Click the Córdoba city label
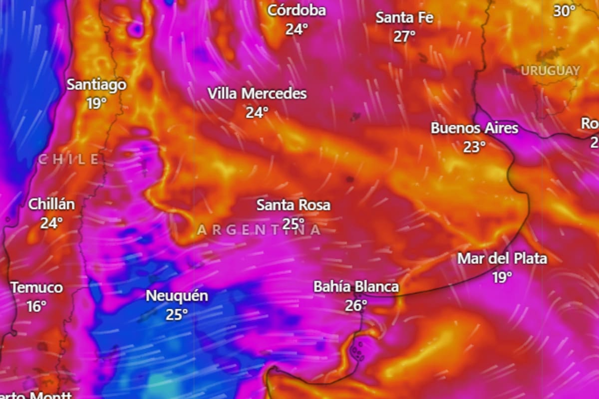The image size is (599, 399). point(297,10)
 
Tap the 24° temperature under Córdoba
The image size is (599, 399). point(297,29)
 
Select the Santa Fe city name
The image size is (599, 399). point(404,18)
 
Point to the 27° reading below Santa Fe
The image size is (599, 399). point(404,36)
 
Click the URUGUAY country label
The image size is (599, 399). point(551,71)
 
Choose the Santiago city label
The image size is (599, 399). point(97,85)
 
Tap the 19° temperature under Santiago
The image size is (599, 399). point(96,103)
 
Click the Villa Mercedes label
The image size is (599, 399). point(257,94)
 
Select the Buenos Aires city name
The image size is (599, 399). point(474,128)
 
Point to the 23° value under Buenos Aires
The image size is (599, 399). point(474,147)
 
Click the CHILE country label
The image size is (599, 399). point(69,160)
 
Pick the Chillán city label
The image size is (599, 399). point(51,204)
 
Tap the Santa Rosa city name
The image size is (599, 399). point(294,205)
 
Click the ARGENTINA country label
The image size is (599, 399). point(259,230)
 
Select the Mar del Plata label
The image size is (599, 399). point(502,259)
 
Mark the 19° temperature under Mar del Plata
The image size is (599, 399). point(502,277)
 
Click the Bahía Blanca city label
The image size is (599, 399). point(356,287)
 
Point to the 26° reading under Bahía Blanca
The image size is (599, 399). point(356,305)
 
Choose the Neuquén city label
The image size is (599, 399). point(177,296)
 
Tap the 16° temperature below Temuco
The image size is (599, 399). point(36,306)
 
